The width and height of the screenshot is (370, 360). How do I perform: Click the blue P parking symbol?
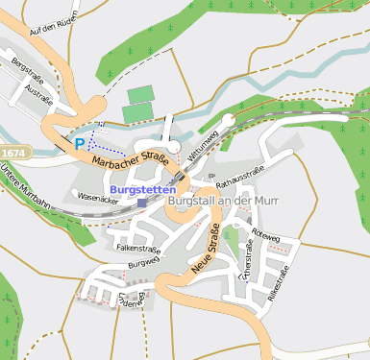tap(79, 143)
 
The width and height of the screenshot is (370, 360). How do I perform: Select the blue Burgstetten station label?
tap(142, 190)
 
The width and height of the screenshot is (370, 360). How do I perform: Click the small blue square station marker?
tap(142, 203)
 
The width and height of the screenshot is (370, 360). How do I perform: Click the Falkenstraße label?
tap(137, 248)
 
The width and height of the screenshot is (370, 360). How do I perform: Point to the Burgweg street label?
tap(142, 261)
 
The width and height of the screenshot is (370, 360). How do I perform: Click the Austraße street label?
tap(39, 96)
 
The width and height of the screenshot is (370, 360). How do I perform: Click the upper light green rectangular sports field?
tap(140, 94)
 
